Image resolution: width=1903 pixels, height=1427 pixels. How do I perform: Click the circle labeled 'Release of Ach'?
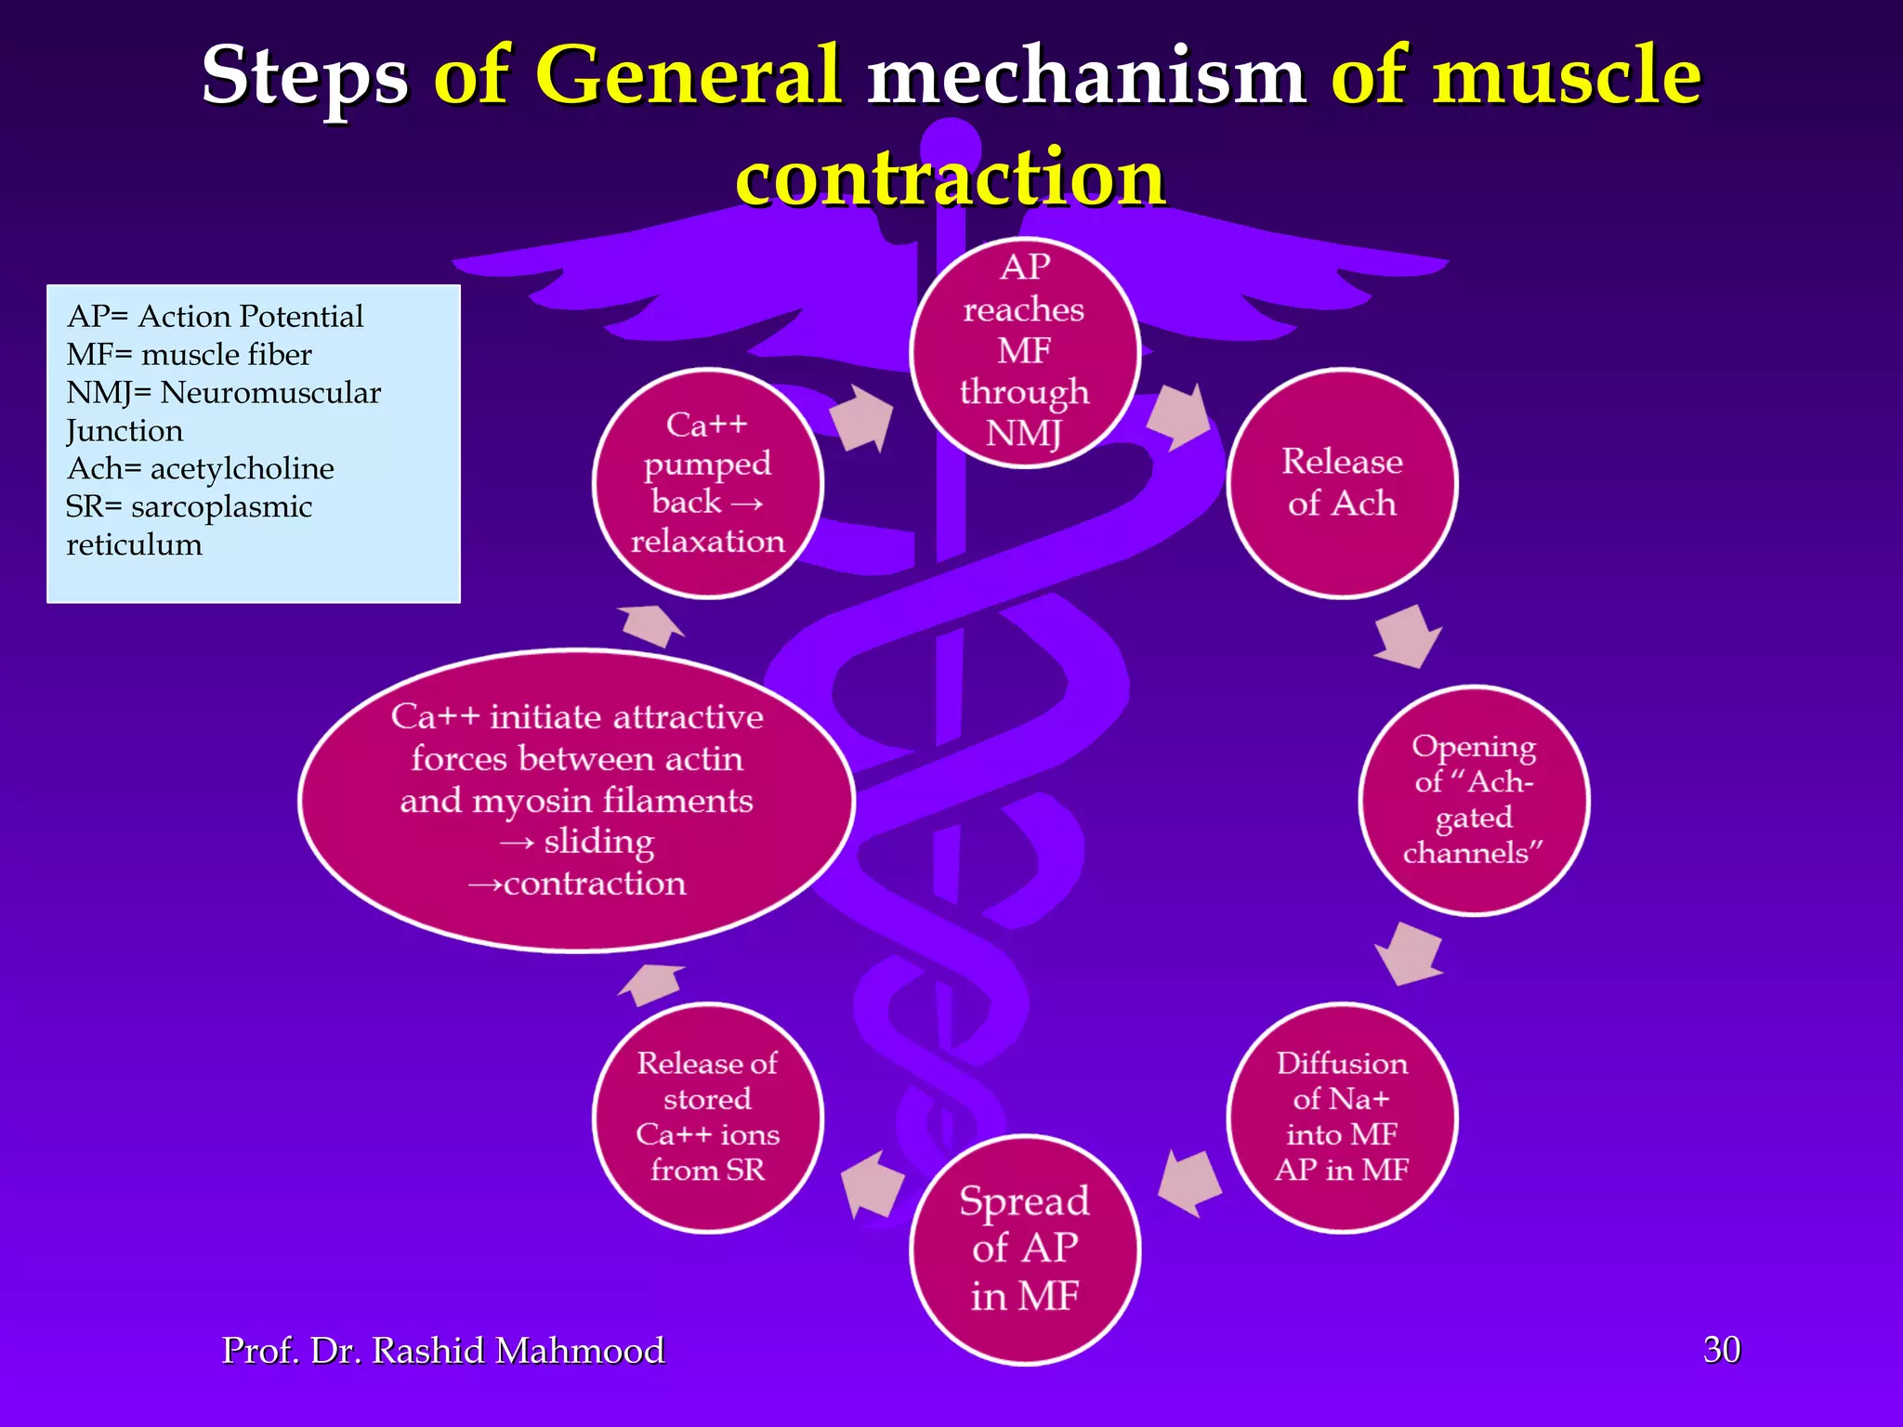tap(1342, 483)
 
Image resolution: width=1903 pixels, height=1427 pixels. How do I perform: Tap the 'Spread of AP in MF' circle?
tap(1024, 1249)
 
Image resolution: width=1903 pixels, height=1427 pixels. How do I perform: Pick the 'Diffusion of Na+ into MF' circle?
tap(1342, 1117)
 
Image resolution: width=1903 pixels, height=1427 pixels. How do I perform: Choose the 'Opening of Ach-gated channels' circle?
tap(1473, 800)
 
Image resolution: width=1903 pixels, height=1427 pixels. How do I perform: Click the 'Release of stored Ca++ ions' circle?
tap(707, 1117)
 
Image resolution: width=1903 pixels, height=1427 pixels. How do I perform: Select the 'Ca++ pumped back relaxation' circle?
tap(707, 483)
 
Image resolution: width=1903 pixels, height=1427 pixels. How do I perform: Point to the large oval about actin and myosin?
tap(576, 800)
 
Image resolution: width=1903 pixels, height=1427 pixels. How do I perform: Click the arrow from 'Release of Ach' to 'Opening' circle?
tap(1409, 636)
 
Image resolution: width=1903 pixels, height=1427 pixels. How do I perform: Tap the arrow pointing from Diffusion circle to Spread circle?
tap(1190, 1182)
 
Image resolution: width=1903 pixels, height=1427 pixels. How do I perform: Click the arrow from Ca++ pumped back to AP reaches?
tap(861, 417)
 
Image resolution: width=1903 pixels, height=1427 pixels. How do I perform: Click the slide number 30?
tap(1721, 1349)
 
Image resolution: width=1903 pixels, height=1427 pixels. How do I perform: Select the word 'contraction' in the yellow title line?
tap(950, 177)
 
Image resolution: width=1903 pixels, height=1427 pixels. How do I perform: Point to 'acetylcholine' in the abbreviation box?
tap(242, 468)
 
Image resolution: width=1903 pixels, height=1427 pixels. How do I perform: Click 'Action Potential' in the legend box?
tap(250, 316)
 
